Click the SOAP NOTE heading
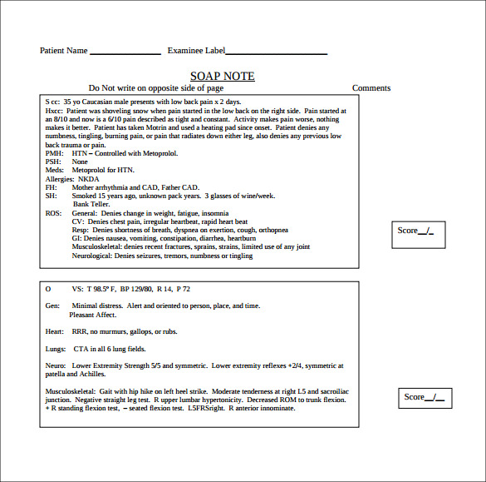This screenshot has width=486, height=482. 222,76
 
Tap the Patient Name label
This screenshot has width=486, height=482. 64,51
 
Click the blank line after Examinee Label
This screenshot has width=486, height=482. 276,52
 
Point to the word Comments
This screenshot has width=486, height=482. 371,88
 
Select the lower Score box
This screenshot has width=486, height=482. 425,397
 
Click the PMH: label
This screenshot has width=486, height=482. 53,154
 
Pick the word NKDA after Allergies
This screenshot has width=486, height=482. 89,179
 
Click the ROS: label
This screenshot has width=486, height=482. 53,213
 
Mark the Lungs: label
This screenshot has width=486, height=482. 56,349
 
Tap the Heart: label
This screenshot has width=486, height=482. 55,331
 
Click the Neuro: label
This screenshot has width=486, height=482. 56,365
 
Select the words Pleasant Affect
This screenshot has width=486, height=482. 93,315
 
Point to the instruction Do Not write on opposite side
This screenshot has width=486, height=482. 156,88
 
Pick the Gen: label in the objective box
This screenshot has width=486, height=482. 52,306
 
